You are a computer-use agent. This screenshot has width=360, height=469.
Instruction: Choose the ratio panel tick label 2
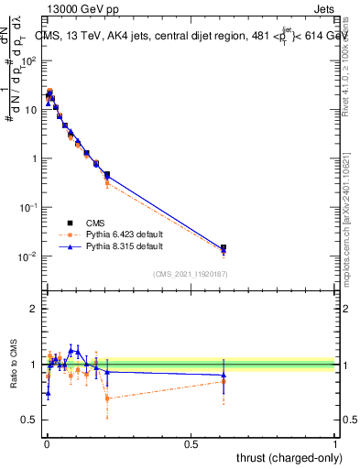pos(35,309)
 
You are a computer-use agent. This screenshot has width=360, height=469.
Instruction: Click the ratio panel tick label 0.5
pos(30,420)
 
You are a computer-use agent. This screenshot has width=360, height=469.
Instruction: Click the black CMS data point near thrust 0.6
pos(224,247)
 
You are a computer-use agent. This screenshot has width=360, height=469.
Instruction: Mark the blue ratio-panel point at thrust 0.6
pos(224,375)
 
